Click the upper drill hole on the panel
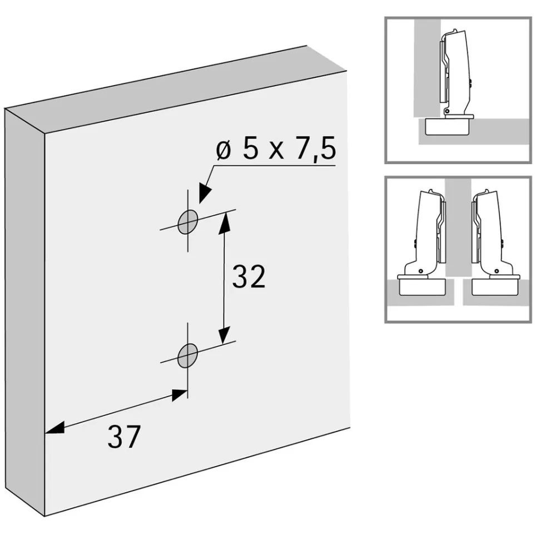(187, 222)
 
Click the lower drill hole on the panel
(187, 355)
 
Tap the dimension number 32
(249, 276)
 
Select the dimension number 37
(124, 437)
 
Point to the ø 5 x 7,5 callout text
(276, 149)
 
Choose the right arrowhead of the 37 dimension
(180, 395)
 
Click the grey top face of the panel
(176, 90)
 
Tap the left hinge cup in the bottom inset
(422, 286)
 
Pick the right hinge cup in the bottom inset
(496, 286)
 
